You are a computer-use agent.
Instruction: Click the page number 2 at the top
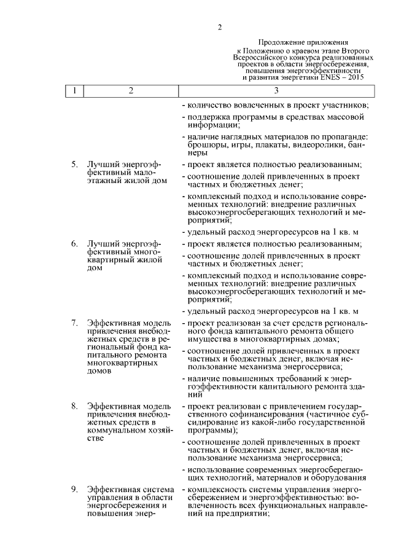pyautogui.click(x=219, y=26)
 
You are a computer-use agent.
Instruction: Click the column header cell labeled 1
pyautogui.click(x=74, y=92)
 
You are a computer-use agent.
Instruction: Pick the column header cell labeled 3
pyautogui.click(x=276, y=92)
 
